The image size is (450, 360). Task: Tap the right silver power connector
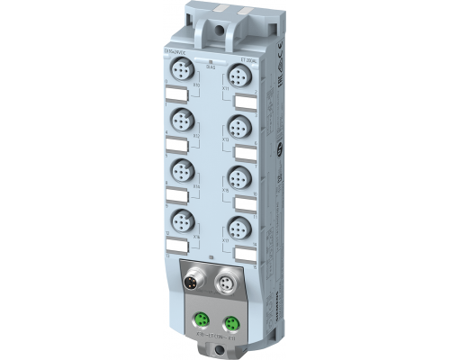[x=227, y=287]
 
